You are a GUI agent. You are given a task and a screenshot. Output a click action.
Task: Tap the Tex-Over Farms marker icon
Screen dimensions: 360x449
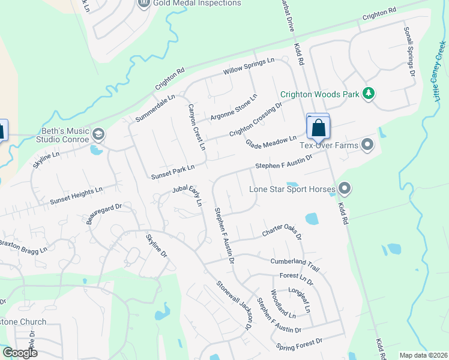pos(368,145)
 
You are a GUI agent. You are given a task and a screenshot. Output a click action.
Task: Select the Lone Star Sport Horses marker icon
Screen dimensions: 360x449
pos(345,189)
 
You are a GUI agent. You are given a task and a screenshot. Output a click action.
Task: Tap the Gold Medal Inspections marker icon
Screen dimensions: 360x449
pos(143,4)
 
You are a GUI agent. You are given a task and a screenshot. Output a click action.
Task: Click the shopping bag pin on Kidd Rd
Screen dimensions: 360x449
pos(318,128)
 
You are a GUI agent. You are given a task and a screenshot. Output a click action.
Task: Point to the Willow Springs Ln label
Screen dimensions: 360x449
pos(249,66)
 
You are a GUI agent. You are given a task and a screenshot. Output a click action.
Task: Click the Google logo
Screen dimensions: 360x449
pos(20,353)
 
